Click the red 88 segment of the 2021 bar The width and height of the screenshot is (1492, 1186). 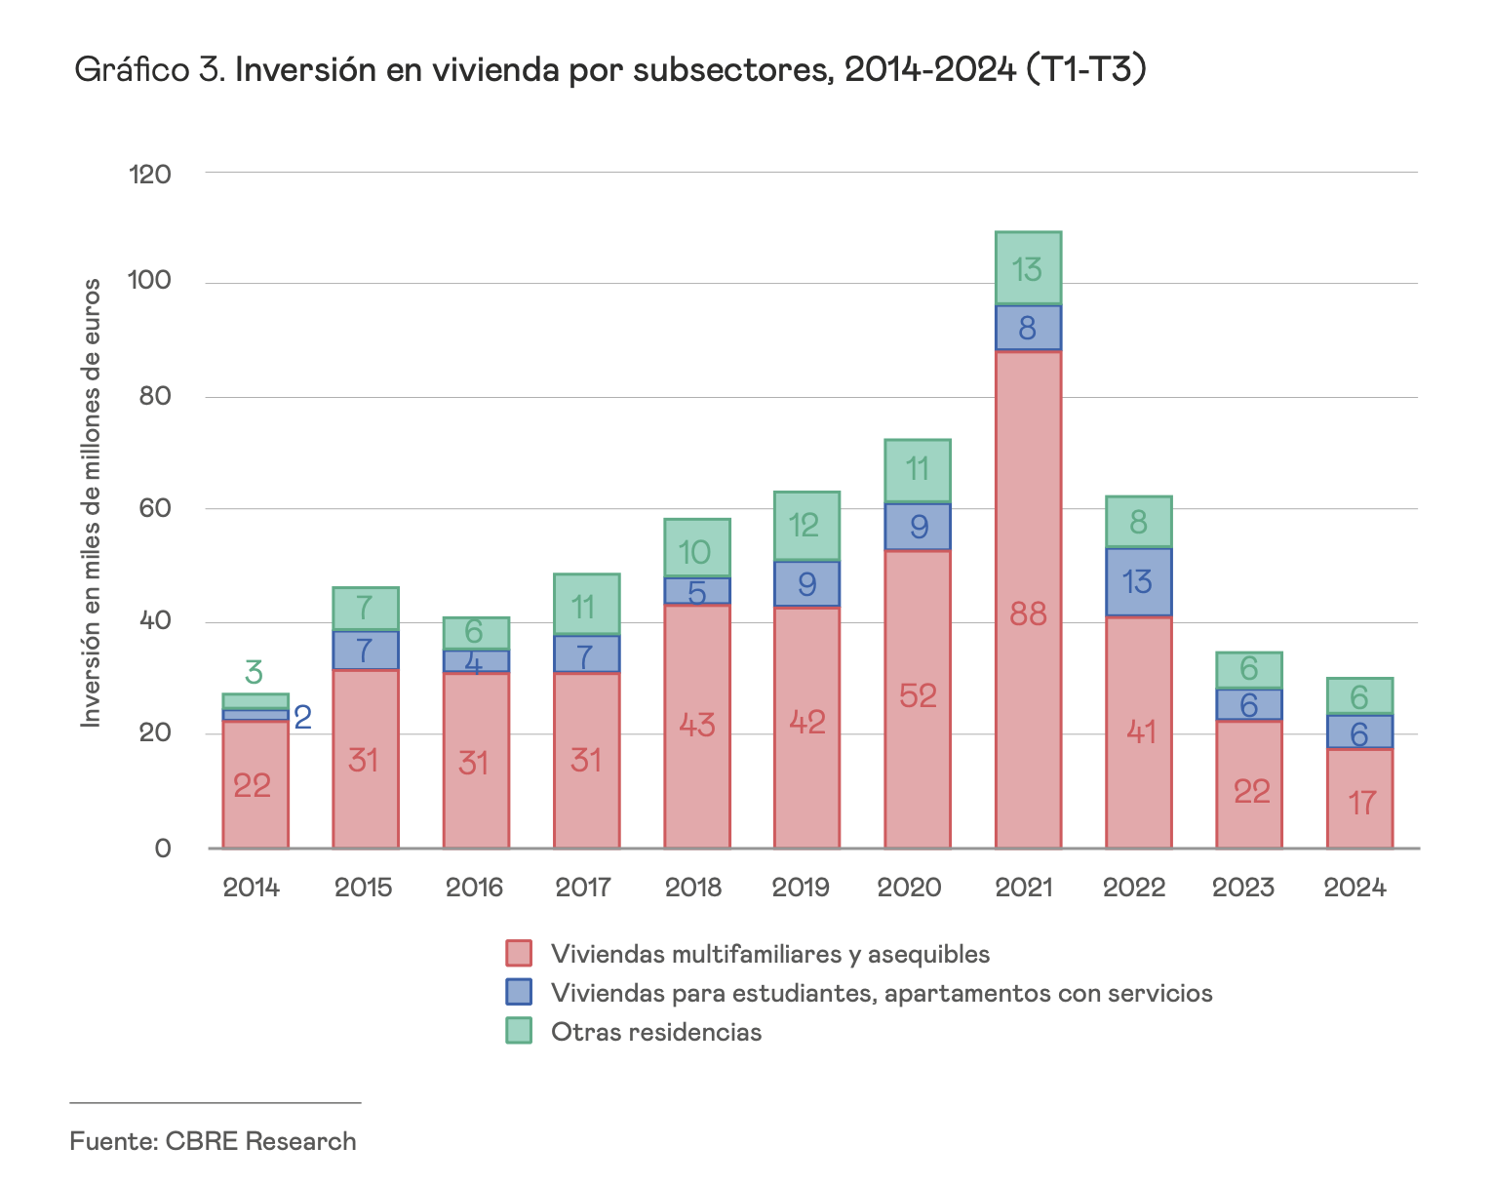[1028, 599]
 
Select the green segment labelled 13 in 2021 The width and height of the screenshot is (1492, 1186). [1028, 269]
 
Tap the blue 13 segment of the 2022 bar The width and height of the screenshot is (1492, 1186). [1138, 582]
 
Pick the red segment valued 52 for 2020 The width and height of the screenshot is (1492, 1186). [918, 698]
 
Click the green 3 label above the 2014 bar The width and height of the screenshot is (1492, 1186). [254, 673]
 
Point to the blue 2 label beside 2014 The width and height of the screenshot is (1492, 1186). [302, 719]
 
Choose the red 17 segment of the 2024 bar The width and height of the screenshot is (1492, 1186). [1359, 798]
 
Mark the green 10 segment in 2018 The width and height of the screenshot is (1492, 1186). [696, 549]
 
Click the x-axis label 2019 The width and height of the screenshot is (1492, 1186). [805, 888]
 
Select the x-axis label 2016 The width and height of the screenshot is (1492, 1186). [474, 888]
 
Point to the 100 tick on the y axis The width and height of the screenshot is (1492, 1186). [149, 283]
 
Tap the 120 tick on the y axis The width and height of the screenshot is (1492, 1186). [149, 175]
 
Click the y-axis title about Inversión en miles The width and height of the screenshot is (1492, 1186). [91, 502]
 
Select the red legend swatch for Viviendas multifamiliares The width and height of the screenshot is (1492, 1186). [519, 953]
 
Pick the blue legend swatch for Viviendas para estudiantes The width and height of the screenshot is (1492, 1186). [519, 992]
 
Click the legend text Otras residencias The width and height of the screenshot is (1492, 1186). [655, 1032]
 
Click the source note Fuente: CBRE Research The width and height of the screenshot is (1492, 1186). [213, 1141]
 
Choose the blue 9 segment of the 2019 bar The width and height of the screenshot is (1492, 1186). [806, 584]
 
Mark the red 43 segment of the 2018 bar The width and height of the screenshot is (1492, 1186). [696, 726]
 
